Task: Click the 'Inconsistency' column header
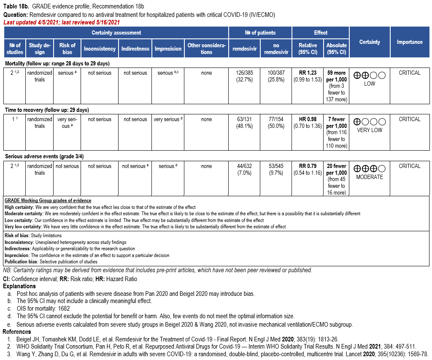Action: (x=100, y=49)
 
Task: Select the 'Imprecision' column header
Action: (x=168, y=49)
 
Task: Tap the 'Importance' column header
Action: (x=409, y=42)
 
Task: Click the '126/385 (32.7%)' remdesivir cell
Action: (x=245, y=76)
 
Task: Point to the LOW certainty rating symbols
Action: (x=370, y=76)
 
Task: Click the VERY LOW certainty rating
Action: (x=370, y=130)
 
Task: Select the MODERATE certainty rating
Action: (x=370, y=177)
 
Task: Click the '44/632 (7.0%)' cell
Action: (x=245, y=169)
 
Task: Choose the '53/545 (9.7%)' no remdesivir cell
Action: (x=276, y=169)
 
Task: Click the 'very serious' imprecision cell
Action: (x=168, y=119)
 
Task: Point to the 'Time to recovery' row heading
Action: (x=47, y=110)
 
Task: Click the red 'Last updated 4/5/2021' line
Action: (x=61, y=22)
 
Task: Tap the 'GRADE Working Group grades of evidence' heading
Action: (x=48, y=200)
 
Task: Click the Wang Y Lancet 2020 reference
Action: (x=219, y=354)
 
